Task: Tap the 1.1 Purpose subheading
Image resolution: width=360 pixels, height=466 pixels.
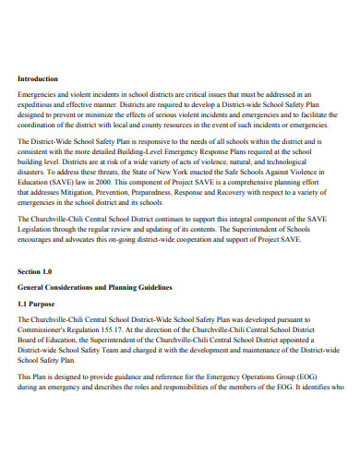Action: [x=40, y=302]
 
